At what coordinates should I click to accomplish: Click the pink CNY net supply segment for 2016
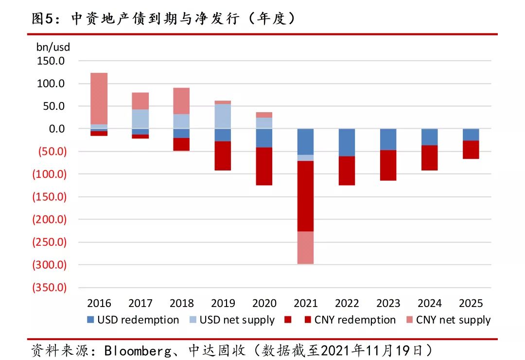pos(99,99)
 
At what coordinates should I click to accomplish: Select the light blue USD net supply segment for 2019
pos(223,117)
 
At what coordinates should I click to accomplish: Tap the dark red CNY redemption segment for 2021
pos(305,196)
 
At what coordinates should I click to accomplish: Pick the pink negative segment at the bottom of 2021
pos(305,248)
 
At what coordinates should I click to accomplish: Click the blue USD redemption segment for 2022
pos(347,142)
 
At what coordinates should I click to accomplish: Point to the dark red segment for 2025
pos(471,150)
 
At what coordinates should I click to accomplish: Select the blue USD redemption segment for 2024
pos(430,137)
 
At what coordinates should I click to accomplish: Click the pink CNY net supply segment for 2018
pos(181,101)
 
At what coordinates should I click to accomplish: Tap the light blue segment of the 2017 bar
pos(140,119)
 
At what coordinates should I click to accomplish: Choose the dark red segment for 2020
pos(264,166)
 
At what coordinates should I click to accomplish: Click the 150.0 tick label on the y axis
pos(51,61)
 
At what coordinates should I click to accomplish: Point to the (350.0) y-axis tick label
pos(50,288)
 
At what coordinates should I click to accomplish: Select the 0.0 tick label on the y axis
pos(56,129)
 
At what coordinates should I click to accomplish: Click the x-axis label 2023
pos(388,304)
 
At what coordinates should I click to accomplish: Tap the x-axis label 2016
pos(99,304)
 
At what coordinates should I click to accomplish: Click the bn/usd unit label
pos(53,47)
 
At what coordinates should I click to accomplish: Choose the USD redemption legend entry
pos(133,320)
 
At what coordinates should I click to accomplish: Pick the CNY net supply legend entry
pos(448,320)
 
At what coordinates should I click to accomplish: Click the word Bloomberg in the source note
pos(138,351)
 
